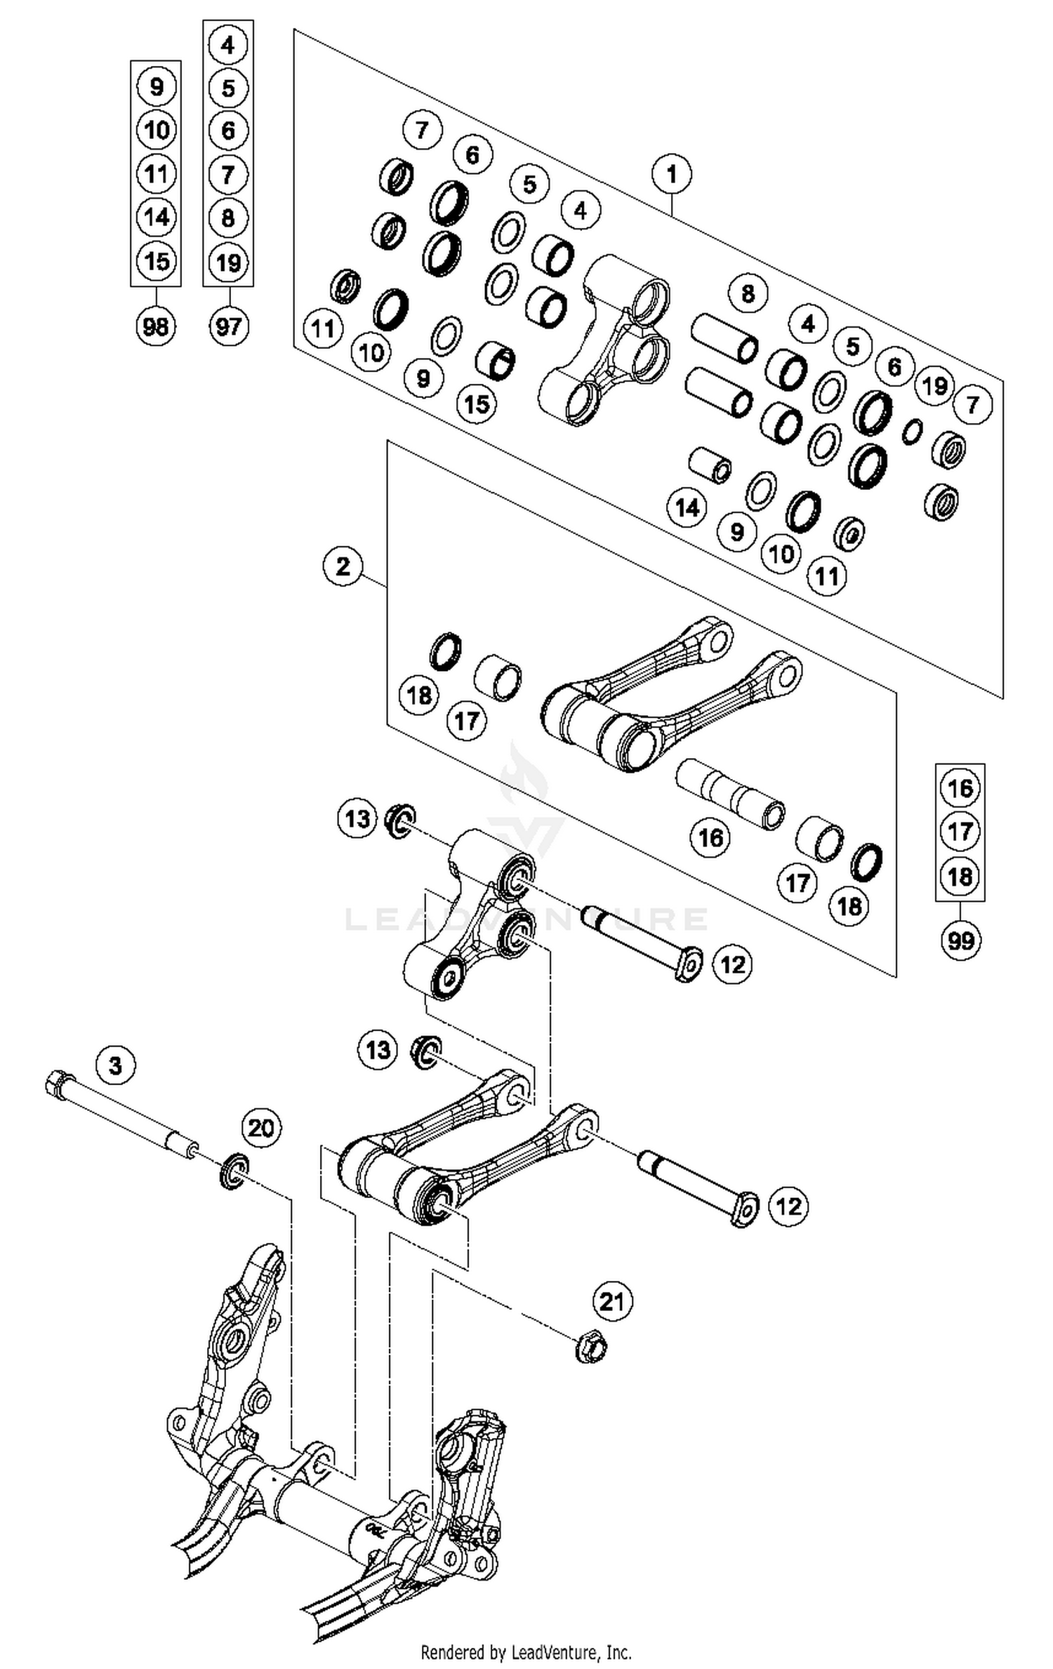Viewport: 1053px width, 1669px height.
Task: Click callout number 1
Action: tap(672, 173)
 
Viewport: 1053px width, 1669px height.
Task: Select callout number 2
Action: tap(343, 566)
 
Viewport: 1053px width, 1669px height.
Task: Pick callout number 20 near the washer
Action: tap(261, 1129)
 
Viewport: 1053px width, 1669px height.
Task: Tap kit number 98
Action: tap(155, 326)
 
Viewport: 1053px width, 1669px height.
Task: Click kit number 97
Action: tap(228, 326)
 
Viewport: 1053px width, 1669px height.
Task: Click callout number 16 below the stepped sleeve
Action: tap(710, 837)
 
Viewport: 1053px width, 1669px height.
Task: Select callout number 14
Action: tap(687, 507)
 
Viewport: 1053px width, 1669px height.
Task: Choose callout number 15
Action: tap(477, 404)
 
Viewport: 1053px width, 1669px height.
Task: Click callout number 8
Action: tap(748, 293)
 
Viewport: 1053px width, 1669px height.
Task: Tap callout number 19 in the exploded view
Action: tap(934, 385)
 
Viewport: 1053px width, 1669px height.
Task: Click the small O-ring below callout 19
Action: tap(912, 431)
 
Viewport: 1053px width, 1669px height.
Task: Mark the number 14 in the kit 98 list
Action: tap(156, 218)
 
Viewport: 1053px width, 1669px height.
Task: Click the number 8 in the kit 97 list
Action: tap(228, 218)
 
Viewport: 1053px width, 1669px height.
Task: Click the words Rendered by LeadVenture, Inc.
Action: tap(526, 1652)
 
